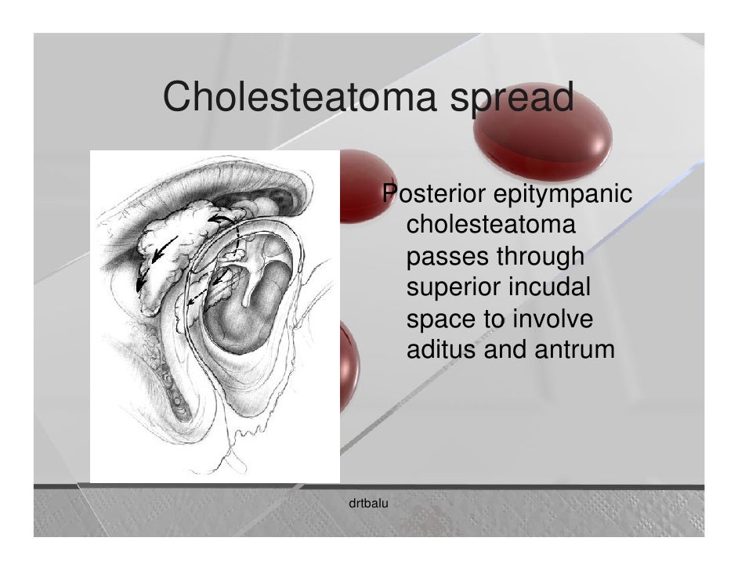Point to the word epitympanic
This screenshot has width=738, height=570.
tap(562, 194)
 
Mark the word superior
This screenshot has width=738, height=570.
tap(453, 290)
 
